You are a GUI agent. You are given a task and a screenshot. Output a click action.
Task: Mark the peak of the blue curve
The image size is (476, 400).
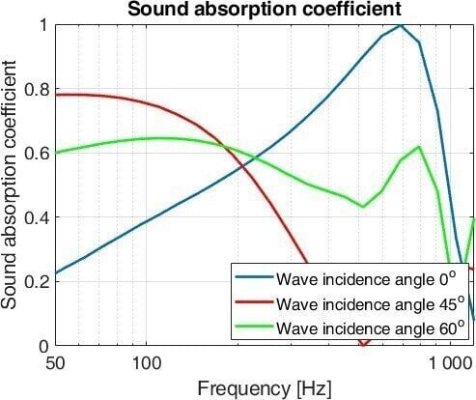(x=401, y=25)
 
